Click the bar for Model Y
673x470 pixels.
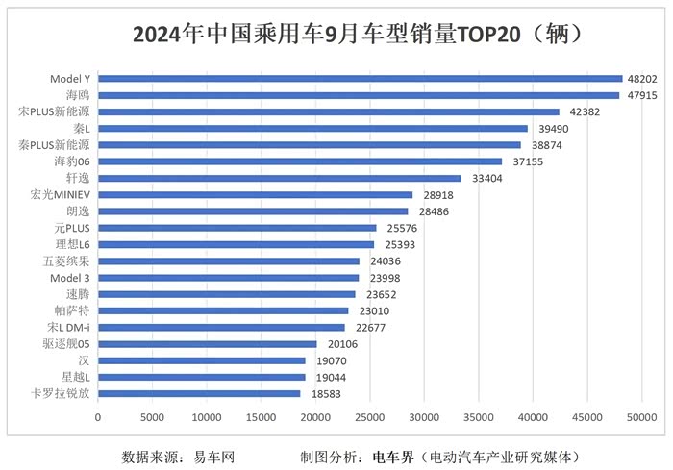(x=360, y=79)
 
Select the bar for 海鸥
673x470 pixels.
(x=358, y=95)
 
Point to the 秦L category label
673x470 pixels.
(x=81, y=128)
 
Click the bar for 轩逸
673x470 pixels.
(x=279, y=178)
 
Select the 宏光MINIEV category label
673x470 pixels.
(x=61, y=194)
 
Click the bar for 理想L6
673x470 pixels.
(x=236, y=244)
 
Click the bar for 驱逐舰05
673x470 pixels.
(x=207, y=344)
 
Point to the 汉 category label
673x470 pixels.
(x=85, y=360)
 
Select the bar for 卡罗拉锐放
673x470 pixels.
(x=199, y=393)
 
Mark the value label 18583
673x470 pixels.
(x=327, y=394)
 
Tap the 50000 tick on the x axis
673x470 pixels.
(x=641, y=418)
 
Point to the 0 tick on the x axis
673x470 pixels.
(x=97, y=418)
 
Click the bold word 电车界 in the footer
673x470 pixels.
(x=393, y=456)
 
